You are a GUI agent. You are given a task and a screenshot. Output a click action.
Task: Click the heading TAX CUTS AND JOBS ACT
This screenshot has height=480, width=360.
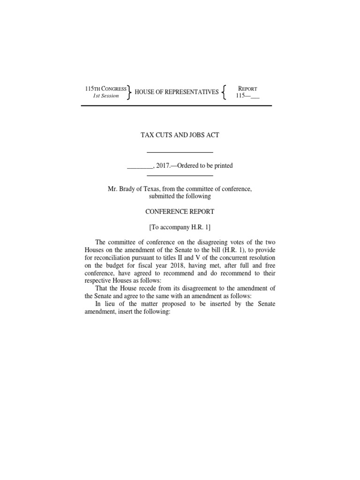pos(180,135)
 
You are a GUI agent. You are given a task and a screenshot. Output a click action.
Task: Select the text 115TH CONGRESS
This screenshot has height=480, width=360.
pos(105,89)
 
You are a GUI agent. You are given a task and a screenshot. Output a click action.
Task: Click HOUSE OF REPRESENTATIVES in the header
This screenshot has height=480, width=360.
pos(177,92)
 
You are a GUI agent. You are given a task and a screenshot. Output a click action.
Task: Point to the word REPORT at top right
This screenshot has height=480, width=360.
pos(247,89)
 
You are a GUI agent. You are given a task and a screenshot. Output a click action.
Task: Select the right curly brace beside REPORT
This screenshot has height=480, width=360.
pos(225,92)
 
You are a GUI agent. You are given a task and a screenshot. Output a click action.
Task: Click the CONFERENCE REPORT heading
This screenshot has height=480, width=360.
pos(180,211)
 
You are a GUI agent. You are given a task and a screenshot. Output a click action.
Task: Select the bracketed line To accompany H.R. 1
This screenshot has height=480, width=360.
pos(180,227)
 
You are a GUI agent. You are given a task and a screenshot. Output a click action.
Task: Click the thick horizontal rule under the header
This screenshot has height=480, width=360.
pos(176,105)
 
